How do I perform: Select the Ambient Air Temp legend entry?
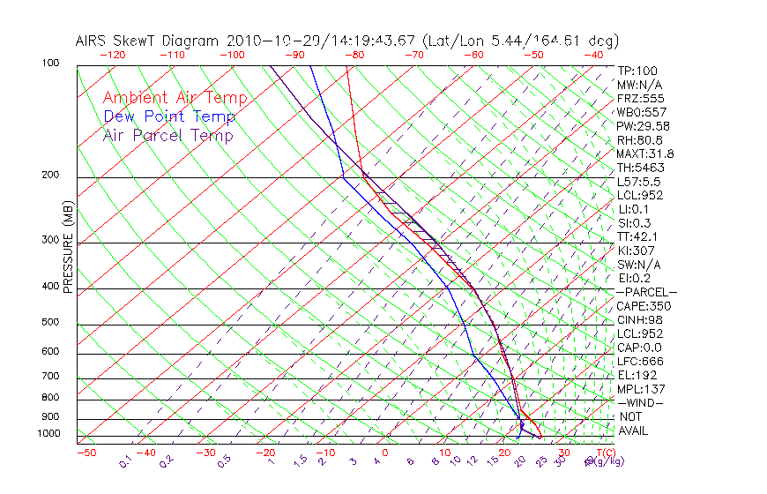[x=175, y=98]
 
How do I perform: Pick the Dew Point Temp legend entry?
[x=168, y=116]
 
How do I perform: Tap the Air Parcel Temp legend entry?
[x=168, y=135]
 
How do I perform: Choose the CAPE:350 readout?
[x=644, y=306]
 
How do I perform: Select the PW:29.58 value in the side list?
[x=642, y=126]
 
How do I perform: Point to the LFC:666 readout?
[x=639, y=362]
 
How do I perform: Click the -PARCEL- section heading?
[x=646, y=292]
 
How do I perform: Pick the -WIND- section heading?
[x=641, y=403]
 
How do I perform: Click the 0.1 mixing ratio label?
[x=125, y=460]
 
